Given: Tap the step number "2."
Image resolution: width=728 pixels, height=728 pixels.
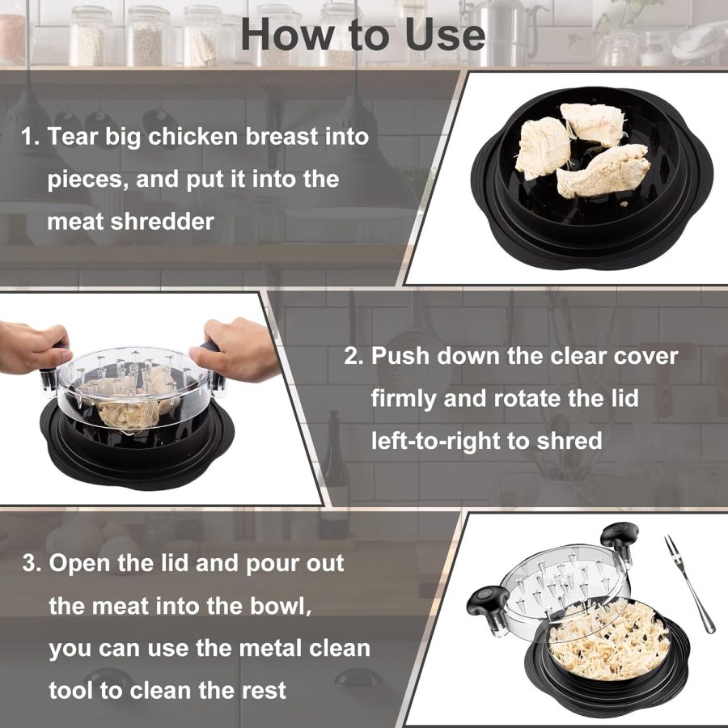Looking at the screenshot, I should [354, 356].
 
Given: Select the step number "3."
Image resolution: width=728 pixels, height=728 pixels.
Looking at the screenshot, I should [32, 563].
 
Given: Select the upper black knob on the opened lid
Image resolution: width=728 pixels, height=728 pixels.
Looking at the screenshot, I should [619, 535].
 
